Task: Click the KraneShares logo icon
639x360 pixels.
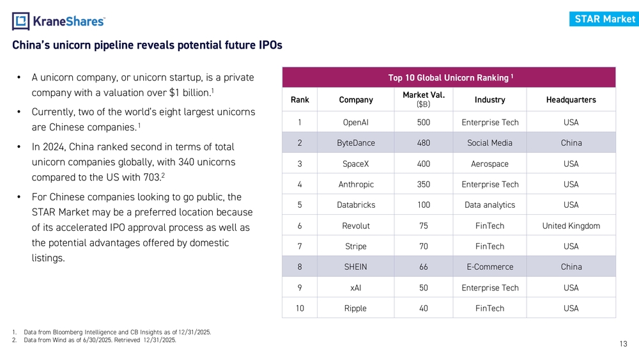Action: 20,21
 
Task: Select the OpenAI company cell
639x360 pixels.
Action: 356,123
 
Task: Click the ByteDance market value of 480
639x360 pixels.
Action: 423,143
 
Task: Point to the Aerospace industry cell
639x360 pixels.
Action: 489,164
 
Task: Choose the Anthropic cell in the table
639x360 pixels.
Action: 356,185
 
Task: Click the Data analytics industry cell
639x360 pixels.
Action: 489,205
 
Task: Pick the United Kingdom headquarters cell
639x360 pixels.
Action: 571,226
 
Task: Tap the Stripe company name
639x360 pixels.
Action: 356,246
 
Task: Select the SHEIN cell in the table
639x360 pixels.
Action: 356,267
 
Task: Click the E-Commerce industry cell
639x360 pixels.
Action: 489,267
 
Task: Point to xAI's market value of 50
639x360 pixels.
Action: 423,288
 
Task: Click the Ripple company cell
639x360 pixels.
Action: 356,308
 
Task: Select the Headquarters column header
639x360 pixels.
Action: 571,100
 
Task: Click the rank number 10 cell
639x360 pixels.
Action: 300,308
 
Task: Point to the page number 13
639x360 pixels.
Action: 624,344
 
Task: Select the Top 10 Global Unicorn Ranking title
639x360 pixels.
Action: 449,78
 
